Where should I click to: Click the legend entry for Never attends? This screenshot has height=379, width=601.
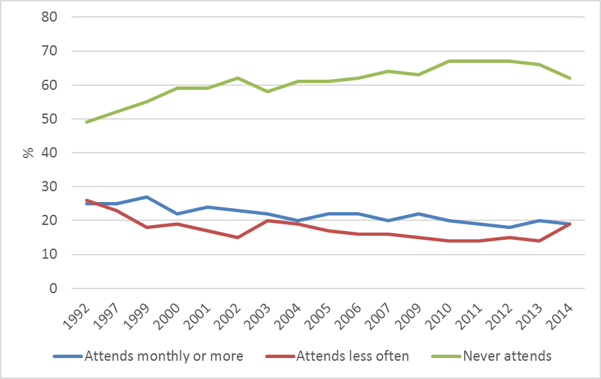[507, 356]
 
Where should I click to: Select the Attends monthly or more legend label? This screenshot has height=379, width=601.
[164, 356]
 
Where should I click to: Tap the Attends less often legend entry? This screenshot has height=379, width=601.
[353, 356]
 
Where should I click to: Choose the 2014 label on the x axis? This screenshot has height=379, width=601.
[562, 315]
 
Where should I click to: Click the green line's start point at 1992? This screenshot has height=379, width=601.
[87, 122]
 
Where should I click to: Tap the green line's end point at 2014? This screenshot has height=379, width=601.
[571, 78]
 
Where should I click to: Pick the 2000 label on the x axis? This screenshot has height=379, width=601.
[169, 315]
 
